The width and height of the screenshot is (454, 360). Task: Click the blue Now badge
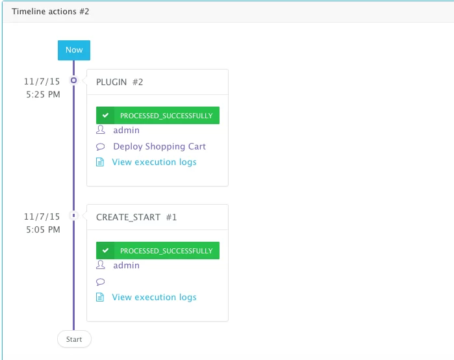click(74, 50)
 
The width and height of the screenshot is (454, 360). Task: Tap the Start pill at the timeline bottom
click(74, 339)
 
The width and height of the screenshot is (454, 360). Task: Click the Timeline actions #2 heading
click(51, 12)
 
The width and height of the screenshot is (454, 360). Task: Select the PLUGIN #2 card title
click(120, 82)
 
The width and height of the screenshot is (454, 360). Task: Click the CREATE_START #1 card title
click(136, 217)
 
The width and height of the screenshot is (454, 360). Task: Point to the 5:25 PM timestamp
click(43, 94)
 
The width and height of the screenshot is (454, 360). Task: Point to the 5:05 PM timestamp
click(43, 229)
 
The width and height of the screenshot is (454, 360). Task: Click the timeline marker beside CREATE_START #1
click(74, 216)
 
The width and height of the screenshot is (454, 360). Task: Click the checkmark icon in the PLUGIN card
click(105, 115)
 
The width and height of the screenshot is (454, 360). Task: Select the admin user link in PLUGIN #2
click(126, 131)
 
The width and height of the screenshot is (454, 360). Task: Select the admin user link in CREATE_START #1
click(126, 265)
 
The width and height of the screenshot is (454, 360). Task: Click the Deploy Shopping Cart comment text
click(160, 147)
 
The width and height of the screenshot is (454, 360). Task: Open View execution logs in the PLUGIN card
click(154, 162)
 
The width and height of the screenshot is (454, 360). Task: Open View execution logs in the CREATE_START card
click(154, 298)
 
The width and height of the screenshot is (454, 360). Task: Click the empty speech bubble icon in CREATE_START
click(101, 281)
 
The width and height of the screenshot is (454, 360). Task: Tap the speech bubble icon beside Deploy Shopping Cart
click(101, 147)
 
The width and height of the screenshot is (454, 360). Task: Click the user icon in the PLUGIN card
click(101, 129)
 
